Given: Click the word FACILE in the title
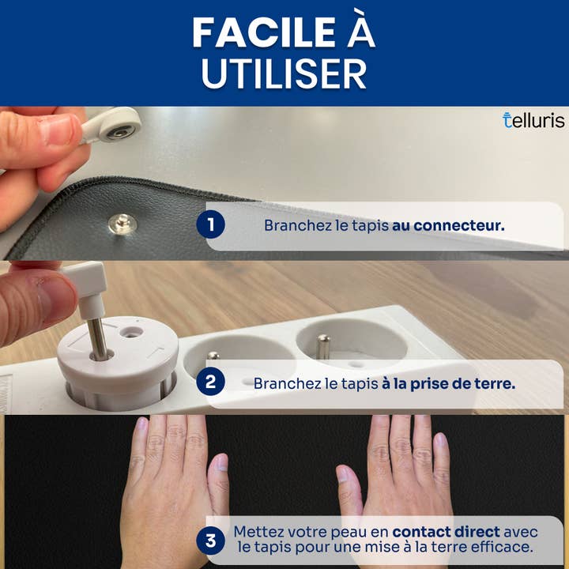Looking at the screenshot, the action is (x=264, y=32).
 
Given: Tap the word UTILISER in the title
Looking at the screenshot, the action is (x=284, y=73).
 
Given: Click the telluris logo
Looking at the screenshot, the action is (x=533, y=120).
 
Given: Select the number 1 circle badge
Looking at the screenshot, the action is (x=210, y=224).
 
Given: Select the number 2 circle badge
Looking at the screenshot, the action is (x=210, y=382).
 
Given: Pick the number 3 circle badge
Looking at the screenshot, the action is (x=210, y=541).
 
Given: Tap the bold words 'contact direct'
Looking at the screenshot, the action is (x=446, y=532).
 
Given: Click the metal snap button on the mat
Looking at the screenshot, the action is (x=122, y=223).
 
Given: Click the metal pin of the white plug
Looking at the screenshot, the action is (x=98, y=338).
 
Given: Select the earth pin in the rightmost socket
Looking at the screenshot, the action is (x=322, y=347).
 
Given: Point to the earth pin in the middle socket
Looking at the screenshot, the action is (x=213, y=356).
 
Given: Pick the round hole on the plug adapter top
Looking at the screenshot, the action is (x=130, y=332).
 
